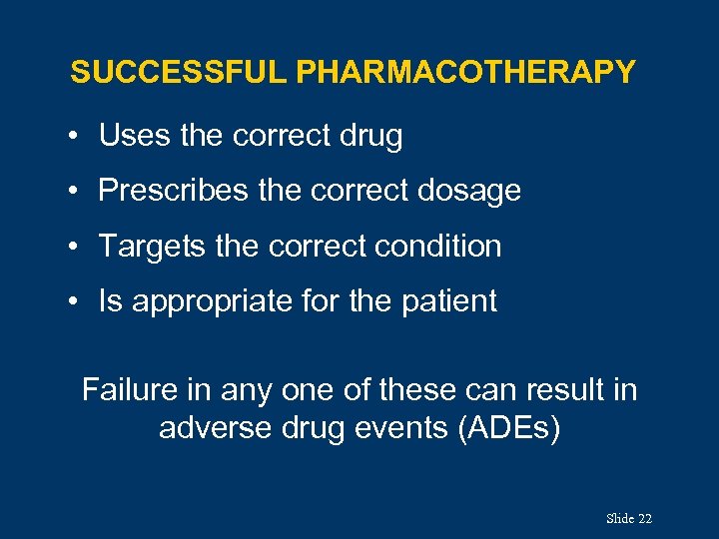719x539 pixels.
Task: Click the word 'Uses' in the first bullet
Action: (x=135, y=136)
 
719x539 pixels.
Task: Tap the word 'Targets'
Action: (x=150, y=246)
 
